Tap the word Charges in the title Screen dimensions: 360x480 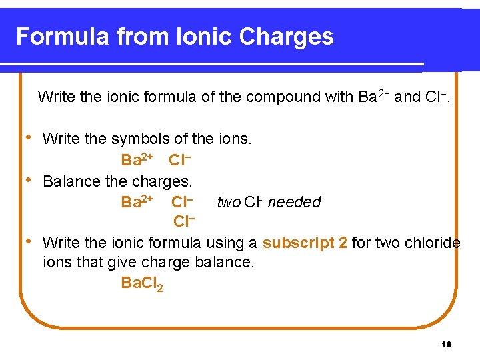291,36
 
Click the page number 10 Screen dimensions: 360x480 447,344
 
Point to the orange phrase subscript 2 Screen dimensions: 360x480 305,242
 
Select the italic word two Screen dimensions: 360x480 229,201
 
